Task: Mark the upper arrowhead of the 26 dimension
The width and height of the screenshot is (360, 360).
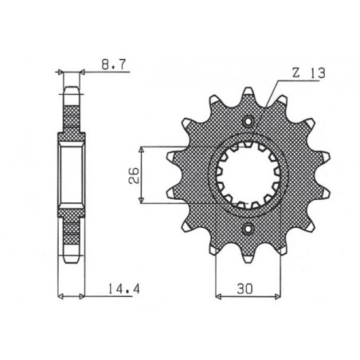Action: tap(141, 149)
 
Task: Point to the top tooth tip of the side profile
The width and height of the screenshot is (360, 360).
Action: tap(72, 88)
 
